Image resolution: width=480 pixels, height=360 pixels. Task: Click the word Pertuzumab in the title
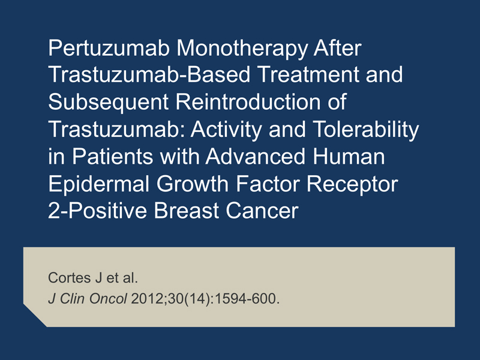point(109,48)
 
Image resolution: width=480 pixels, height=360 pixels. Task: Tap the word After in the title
point(338,48)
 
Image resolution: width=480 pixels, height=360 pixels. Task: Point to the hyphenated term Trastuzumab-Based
point(149,74)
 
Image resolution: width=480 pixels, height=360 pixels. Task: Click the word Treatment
point(308,74)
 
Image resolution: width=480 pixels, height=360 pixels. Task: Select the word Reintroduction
point(248,101)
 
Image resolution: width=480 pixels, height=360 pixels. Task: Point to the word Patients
point(112,156)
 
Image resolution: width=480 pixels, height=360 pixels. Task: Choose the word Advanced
point(256,156)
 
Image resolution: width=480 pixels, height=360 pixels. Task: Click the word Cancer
point(262,211)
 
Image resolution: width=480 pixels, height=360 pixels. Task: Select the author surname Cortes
point(70,278)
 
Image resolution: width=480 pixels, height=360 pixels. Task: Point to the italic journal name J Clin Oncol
point(88,298)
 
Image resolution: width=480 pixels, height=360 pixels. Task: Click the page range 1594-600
point(247,298)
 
